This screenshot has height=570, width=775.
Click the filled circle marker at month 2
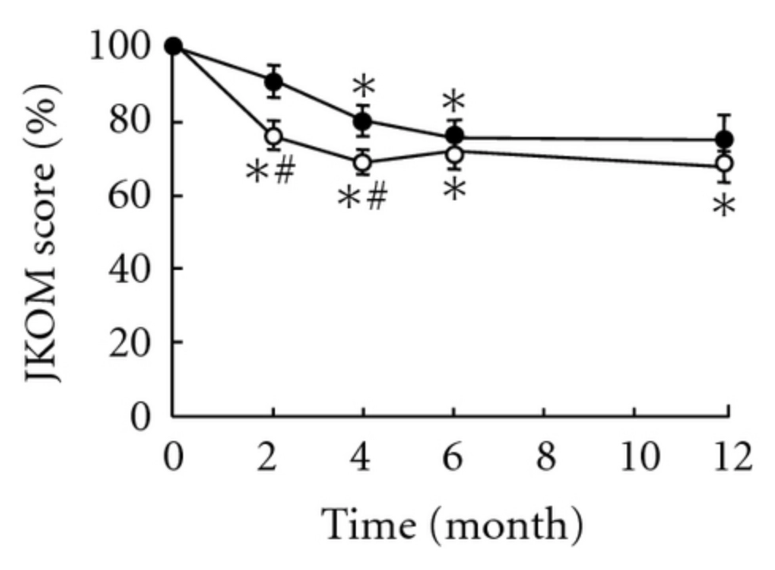click(x=273, y=81)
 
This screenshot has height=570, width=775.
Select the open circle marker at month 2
click(x=273, y=136)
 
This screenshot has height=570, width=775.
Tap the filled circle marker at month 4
click(x=363, y=121)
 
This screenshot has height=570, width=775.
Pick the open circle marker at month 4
click(x=363, y=163)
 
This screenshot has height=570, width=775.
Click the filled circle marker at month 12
click(x=723, y=140)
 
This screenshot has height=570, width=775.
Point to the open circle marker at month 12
click(x=723, y=164)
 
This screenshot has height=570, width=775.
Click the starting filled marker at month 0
click(x=174, y=46)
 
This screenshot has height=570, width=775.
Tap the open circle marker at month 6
click(x=454, y=154)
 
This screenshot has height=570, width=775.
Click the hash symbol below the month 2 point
click(x=284, y=171)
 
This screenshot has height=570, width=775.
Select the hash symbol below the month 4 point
click(x=376, y=197)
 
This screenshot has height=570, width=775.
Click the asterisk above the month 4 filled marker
click(x=363, y=86)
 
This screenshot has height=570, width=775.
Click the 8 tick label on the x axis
click(x=544, y=458)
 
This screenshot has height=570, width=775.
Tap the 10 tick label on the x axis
click(x=633, y=458)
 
